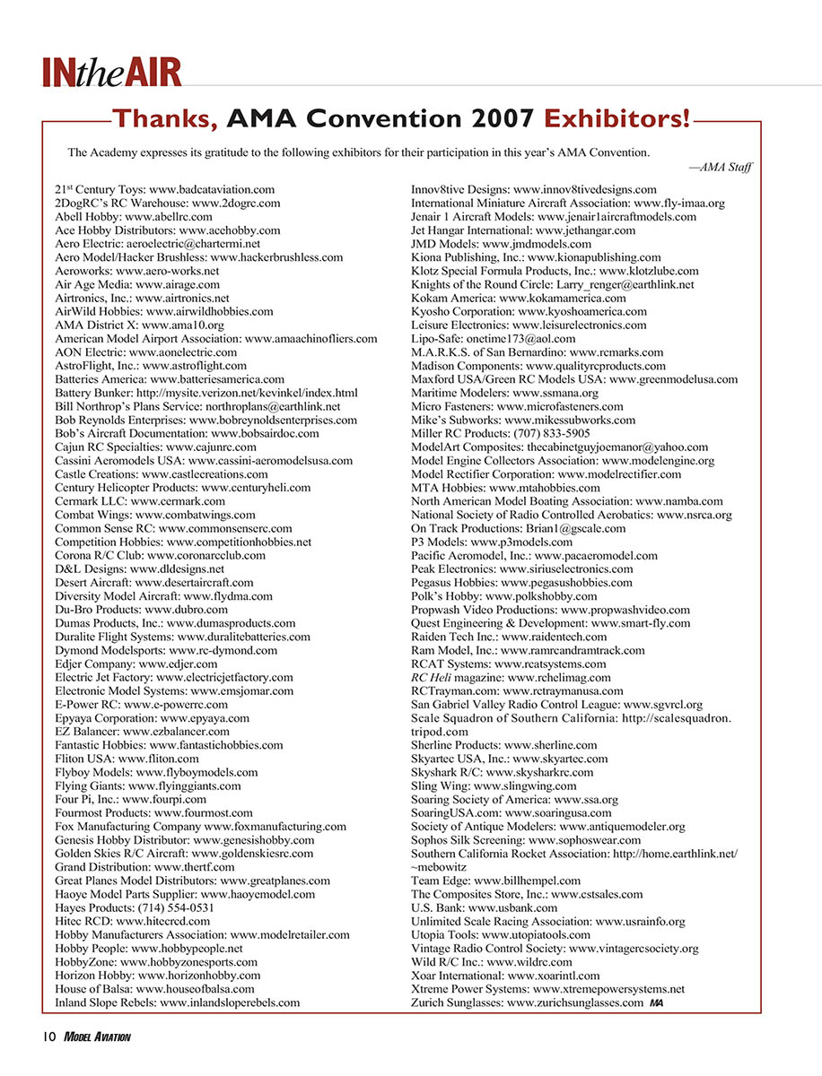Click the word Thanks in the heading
coord(164,117)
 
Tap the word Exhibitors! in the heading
coord(618,117)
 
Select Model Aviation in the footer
coord(99,1037)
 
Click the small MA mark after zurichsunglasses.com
coord(657,1002)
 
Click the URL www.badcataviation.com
coord(212,190)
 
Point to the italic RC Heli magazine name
coord(433,677)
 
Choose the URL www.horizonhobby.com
coord(199,975)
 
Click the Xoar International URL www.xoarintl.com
coord(554,975)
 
